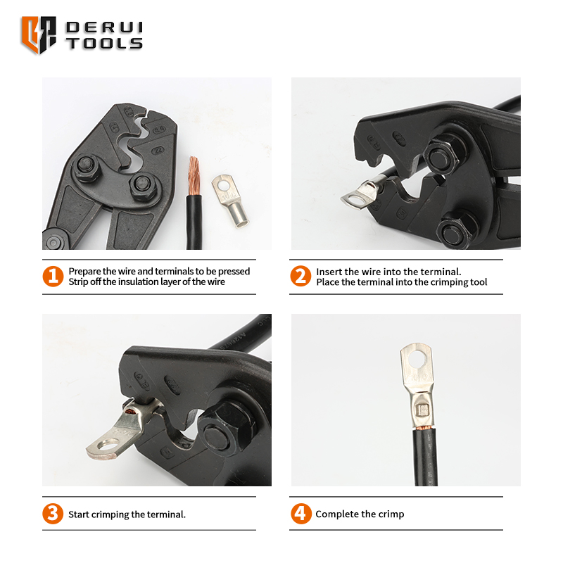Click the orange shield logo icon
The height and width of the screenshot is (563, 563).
pos(39,34)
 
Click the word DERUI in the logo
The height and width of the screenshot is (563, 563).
pos(104,27)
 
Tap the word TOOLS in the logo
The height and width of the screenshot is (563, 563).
pos(104,44)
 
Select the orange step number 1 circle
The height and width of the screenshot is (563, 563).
pos(53,277)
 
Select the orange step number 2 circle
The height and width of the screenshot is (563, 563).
pos(301,276)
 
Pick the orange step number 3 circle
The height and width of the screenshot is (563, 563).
pos(53,514)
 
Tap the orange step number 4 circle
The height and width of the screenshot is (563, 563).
pos(301,514)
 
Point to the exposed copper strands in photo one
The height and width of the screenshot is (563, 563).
pos(194,175)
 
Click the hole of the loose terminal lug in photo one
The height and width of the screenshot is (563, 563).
pos(224,186)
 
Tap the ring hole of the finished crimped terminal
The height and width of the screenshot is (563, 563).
pos(417,359)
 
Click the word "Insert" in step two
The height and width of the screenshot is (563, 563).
pos(329,272)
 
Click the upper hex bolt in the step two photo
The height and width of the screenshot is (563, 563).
pos(441,156)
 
